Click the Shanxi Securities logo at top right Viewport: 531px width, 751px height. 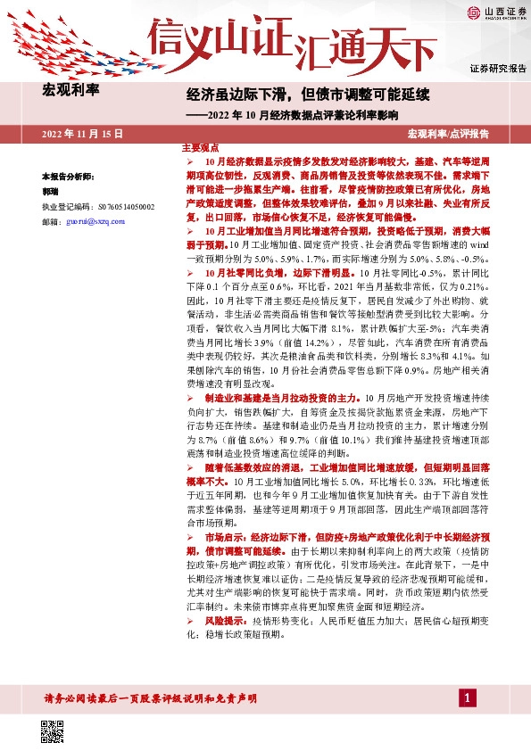(492, 13)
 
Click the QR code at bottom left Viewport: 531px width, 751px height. (53, 729)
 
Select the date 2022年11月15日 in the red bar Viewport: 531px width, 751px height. (82, 133)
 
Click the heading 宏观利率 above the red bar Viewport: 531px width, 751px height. (71, 89)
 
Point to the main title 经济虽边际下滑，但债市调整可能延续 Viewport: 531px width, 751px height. (308, 94)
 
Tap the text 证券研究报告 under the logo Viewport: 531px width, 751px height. (498, 69)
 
